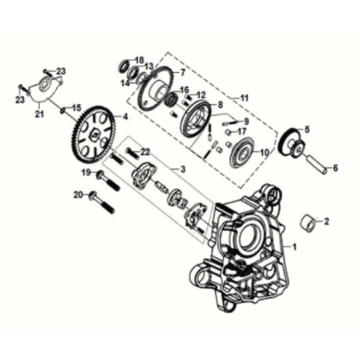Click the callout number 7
[x=181, y=74]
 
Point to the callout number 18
[x=140, y=59]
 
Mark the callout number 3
[x=181, y=169]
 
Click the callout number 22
[x=146, y=151]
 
